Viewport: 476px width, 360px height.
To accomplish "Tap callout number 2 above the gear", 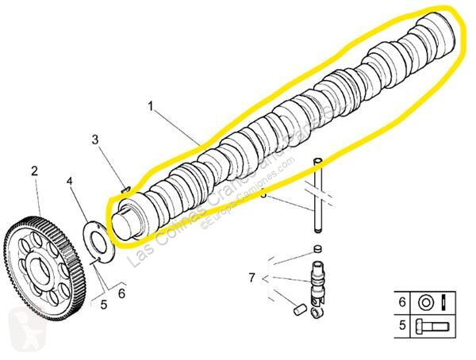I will [35, 170].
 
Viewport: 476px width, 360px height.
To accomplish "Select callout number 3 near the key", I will [94, 141].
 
